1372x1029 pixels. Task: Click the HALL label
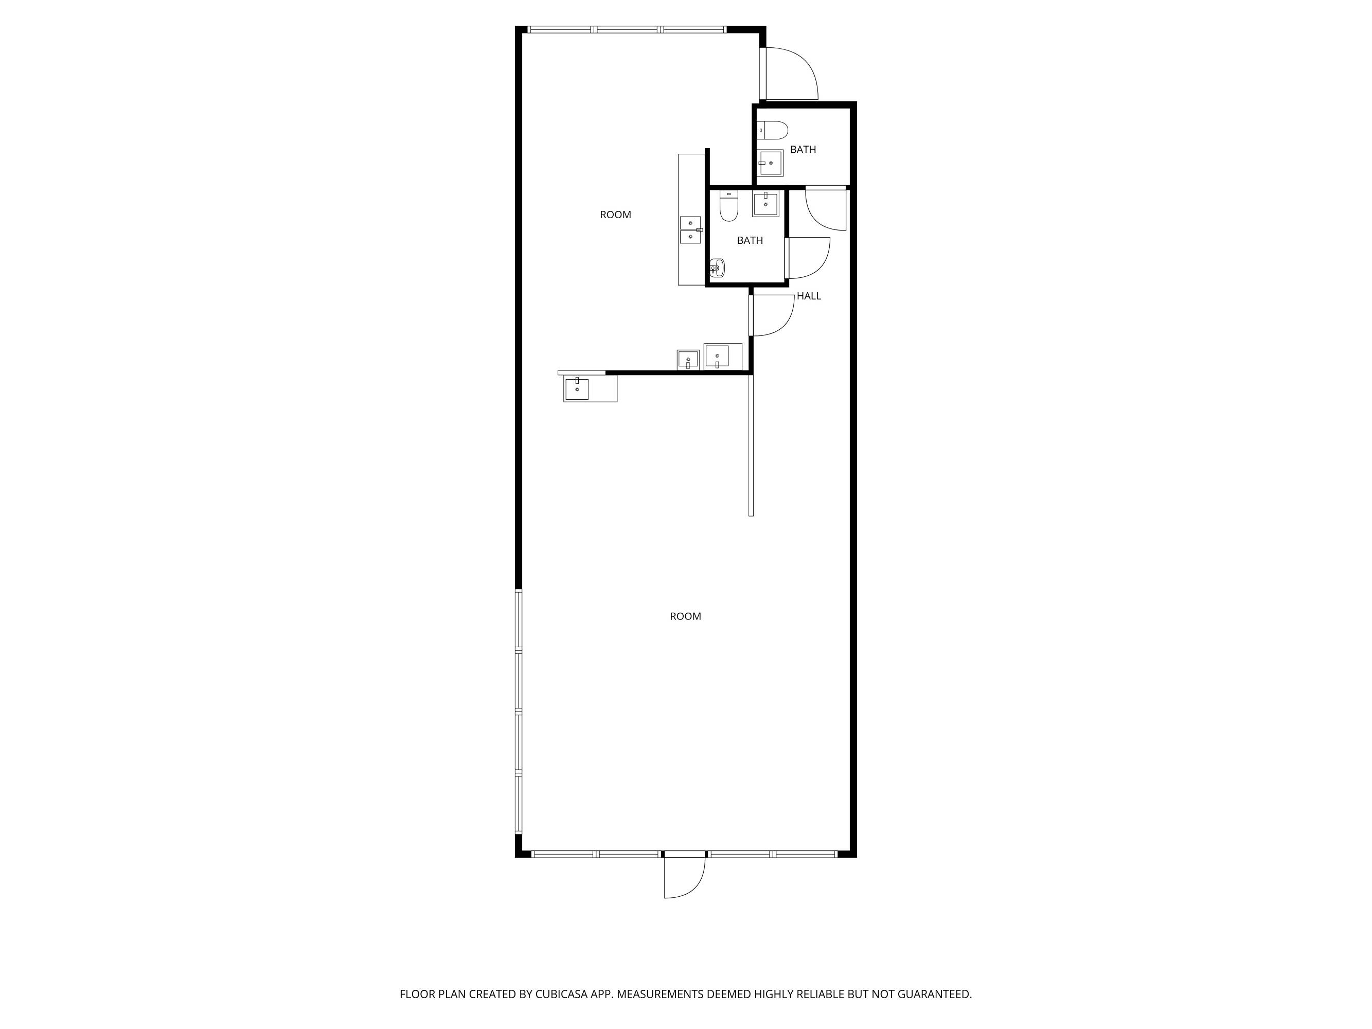pyautogui.click(x=809, y=296)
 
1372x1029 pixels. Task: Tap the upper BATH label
pyautogui.click(x=803, y=150)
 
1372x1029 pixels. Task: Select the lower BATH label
pyautogui.click(x=750, y=241)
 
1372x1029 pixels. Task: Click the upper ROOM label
pyautogui.click(x=615, y=215)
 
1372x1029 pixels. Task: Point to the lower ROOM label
pyautogui.click(x=685, y=616)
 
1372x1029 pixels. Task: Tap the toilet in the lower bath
pyautogui.click(x=729, y=206)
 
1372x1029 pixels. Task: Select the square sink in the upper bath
pyautogui.click(x=771, y=163)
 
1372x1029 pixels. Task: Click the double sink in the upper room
pyautogui.click(x=690, y=229)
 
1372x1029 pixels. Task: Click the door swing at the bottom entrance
pyautogui.click(x=685, y=878)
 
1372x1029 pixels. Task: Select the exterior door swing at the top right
pyautogui.click(x=793, y=73)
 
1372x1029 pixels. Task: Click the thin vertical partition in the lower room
pyautogui.click(x=751, y=446)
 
